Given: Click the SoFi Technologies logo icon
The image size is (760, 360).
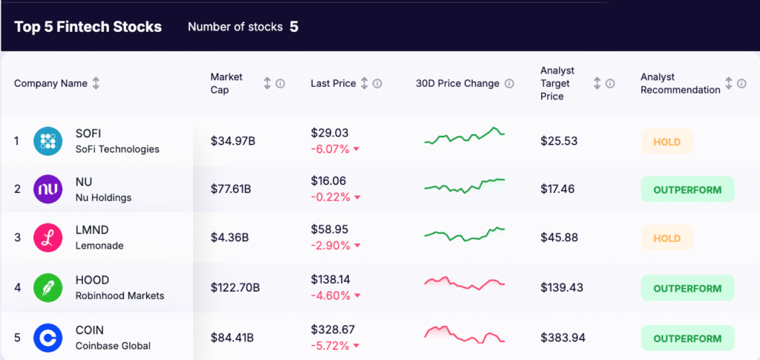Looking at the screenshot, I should pyautogui.click(x=48, y=141).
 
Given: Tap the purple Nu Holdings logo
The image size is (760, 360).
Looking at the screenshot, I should pyautogui.click(x=48, y=189).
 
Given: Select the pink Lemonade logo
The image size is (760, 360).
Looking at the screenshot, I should pyautogui.click(x=48, y=238).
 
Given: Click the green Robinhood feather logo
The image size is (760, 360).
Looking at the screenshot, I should pyautogui.click(x=48, y=288).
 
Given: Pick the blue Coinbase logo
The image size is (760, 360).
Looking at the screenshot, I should pyautogui.click(x=48, y=338).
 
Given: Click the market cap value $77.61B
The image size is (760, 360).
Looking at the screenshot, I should pyautogui.click(x=231, y=189).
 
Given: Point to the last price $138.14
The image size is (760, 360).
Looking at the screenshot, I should pyautogui.click(x=330, y=280).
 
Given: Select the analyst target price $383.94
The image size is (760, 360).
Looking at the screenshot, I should pyautogui.click(x=563, y=338).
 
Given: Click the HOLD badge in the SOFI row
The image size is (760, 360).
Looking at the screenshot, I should pyautogui.click(x=666, y=141).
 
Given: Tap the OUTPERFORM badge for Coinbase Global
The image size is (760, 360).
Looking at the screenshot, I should pyautogui.click(x=687, y=338).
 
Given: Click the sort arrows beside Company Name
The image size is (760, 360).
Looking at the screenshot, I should pyautogui.click(x=96, y=84).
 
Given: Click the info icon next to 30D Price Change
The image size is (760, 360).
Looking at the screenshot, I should pyautogui.click(x=509, y=84).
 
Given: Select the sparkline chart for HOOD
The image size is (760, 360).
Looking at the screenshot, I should pyautogui.click(x=465, y=283).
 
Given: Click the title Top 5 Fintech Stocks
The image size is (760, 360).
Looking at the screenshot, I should pyautogui.click(x=88, y=27).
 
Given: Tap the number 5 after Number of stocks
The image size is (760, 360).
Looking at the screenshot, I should pyautogui.click(x=294, y=27).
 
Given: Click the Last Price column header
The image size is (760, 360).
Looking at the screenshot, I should pyautogui.click(x=333, y=84).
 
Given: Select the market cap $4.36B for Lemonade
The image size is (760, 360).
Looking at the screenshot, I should pyautogui.click(x=229, y=238).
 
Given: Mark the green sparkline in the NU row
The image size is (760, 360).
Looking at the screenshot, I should pyautogui.click(x=465, y=186).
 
